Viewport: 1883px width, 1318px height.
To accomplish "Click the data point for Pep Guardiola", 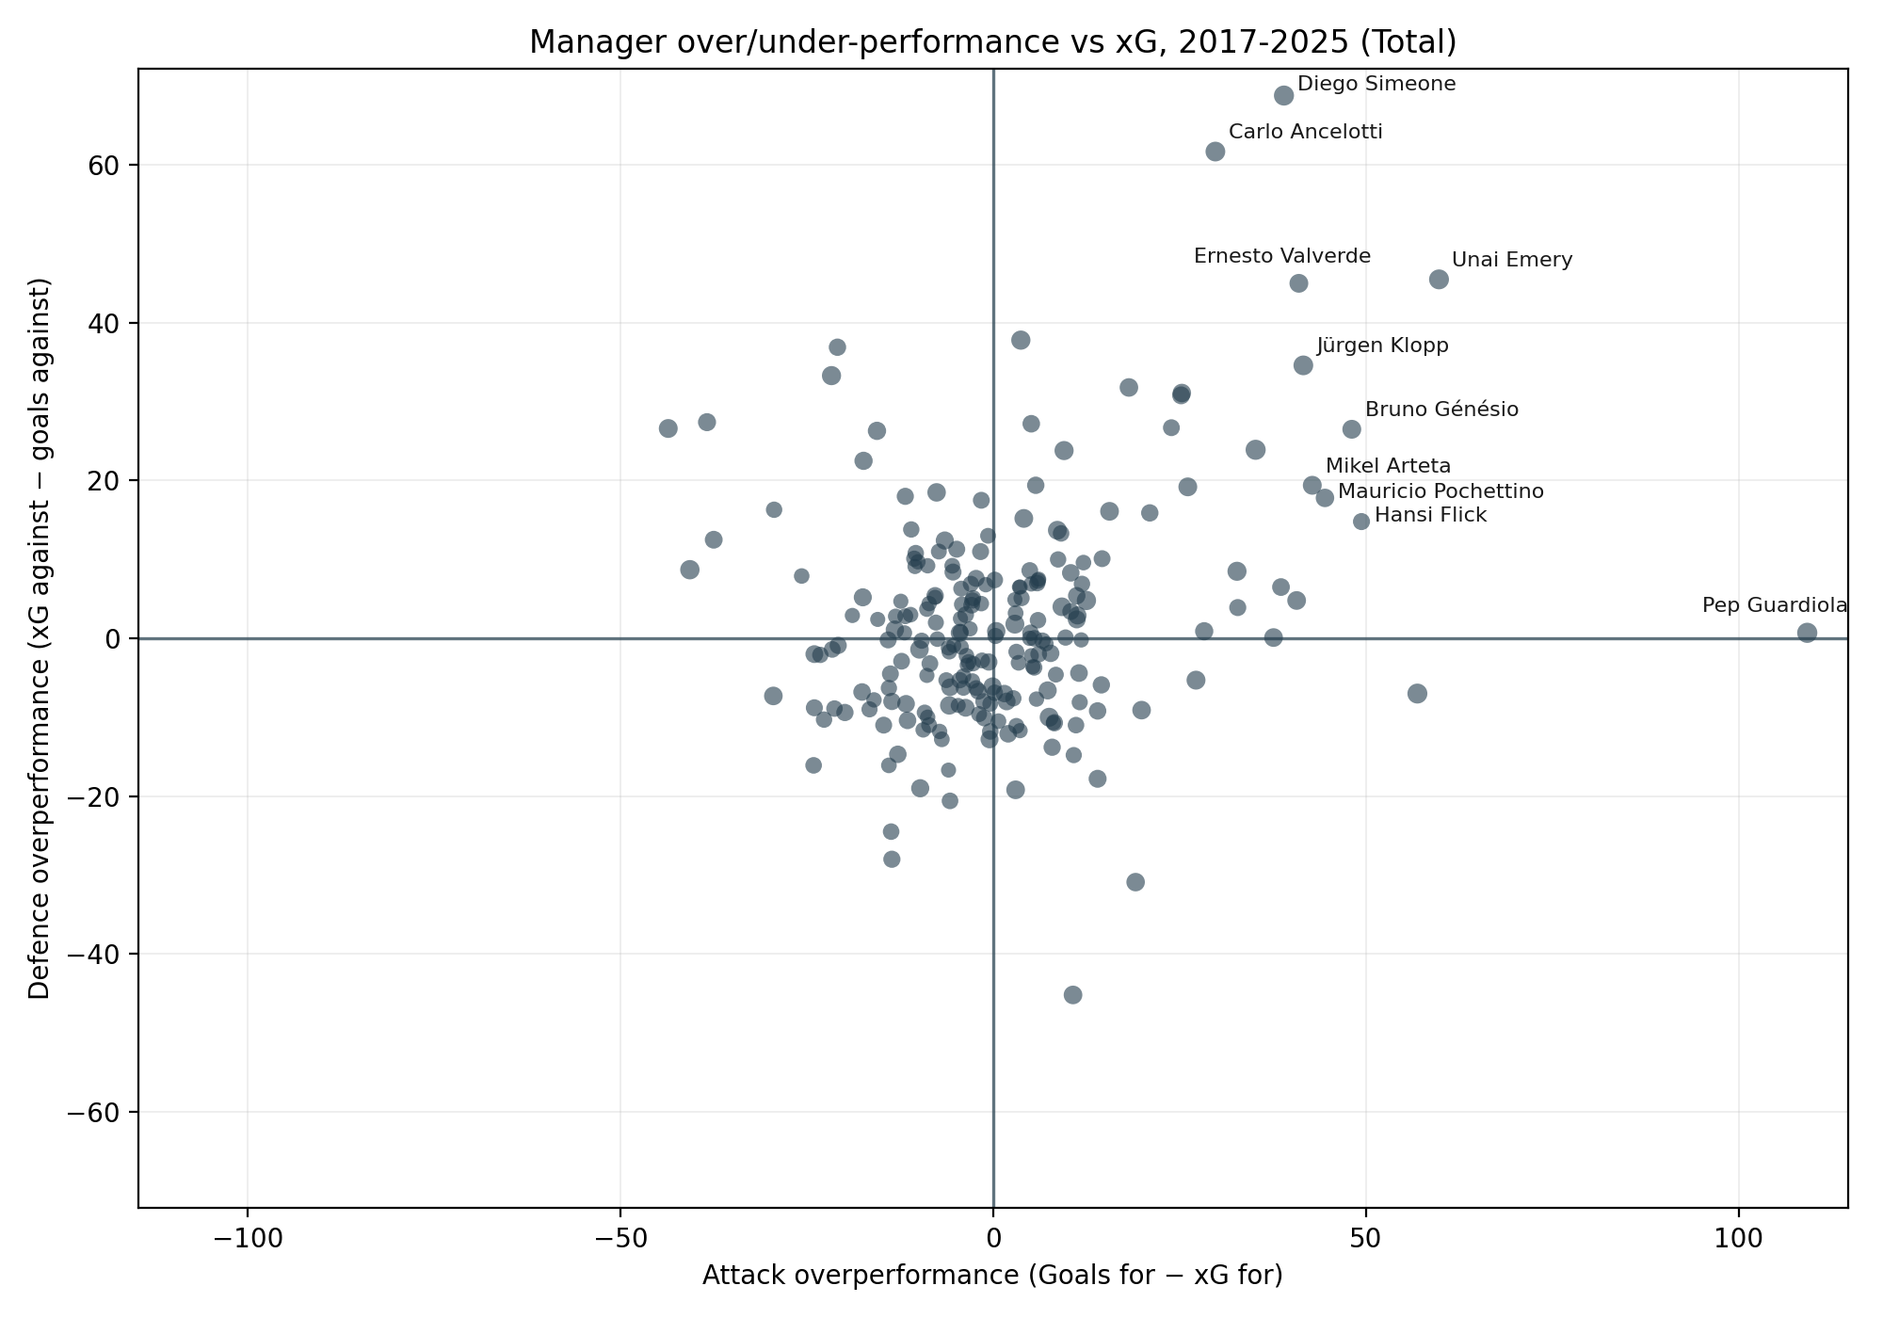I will (x=1807, y=633).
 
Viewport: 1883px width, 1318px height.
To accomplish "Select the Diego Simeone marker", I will (x=1283, y=95).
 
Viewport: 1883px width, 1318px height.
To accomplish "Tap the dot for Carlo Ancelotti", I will (x=1215, y=152).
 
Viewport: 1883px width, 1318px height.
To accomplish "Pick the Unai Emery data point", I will (x=1439, y=280).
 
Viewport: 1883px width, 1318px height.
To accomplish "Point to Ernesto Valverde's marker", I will (x=1298, y=283).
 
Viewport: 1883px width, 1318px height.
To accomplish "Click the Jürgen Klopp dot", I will (x=1303, y=365).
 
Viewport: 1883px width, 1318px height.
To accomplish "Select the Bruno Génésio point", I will (x=1352, y=429).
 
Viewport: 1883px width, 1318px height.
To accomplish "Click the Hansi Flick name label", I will (x=1430, y=516).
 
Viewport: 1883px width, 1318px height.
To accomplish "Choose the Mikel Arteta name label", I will (x=1388, y=467).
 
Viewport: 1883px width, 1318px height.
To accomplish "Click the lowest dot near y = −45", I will (x=1072, y=995).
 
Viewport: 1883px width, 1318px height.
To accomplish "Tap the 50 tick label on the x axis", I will (x=1365, y=1235).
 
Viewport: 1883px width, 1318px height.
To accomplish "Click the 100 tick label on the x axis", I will (x=1738, y=1235).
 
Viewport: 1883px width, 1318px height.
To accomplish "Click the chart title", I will (x=992, y=42).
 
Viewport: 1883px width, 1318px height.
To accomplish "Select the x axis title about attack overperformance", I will (x=992, y=1276).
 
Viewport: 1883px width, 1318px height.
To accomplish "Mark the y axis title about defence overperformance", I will (x=39, y=638).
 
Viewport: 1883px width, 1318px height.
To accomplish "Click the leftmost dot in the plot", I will (x=668, y=428).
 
